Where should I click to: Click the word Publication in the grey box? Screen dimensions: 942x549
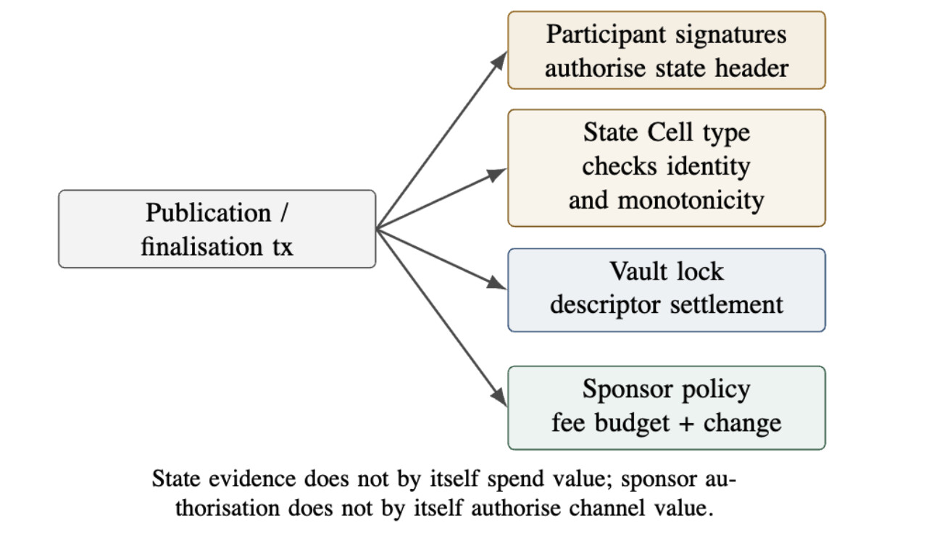click(208, 214)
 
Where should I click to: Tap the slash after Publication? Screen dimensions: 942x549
click(284, 212)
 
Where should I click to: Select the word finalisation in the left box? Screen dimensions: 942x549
click(201, 246)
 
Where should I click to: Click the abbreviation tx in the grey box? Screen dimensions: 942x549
click(282, 247)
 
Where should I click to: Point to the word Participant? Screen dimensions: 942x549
click(606, 35)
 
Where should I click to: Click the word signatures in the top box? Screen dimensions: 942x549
click(731, 35)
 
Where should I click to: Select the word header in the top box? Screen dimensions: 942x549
click(751, 68)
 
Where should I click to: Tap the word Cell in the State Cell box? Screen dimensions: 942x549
click(670, 133)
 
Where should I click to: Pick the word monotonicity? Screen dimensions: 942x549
click(691, 201)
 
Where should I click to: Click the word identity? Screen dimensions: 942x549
click(708, 167)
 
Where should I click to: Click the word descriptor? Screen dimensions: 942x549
click(605, 306)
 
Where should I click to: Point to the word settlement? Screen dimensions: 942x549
click(726, 305)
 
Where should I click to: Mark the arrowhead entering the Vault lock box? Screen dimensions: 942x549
click(496, 283)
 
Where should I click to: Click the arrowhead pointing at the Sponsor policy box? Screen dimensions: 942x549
click(499, 397)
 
